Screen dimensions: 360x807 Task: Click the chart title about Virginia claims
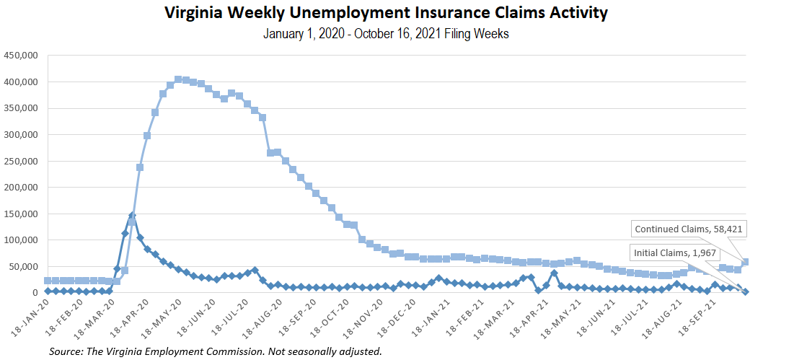pos(386,13)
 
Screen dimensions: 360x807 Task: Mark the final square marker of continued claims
pos(746,262)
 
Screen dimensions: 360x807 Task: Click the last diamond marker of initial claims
pos(746,291)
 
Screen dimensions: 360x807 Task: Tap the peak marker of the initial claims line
pos(132,216)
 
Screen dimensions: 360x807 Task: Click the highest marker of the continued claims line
pos(178,79)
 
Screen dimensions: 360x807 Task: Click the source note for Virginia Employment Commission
pos(215,351)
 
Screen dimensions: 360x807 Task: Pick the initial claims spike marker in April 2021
pos(554,273)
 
